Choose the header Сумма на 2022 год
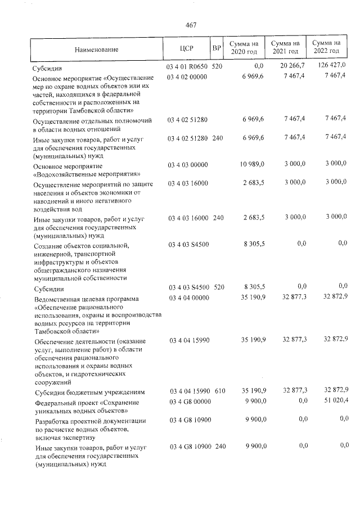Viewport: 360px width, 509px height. click(327, 47)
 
